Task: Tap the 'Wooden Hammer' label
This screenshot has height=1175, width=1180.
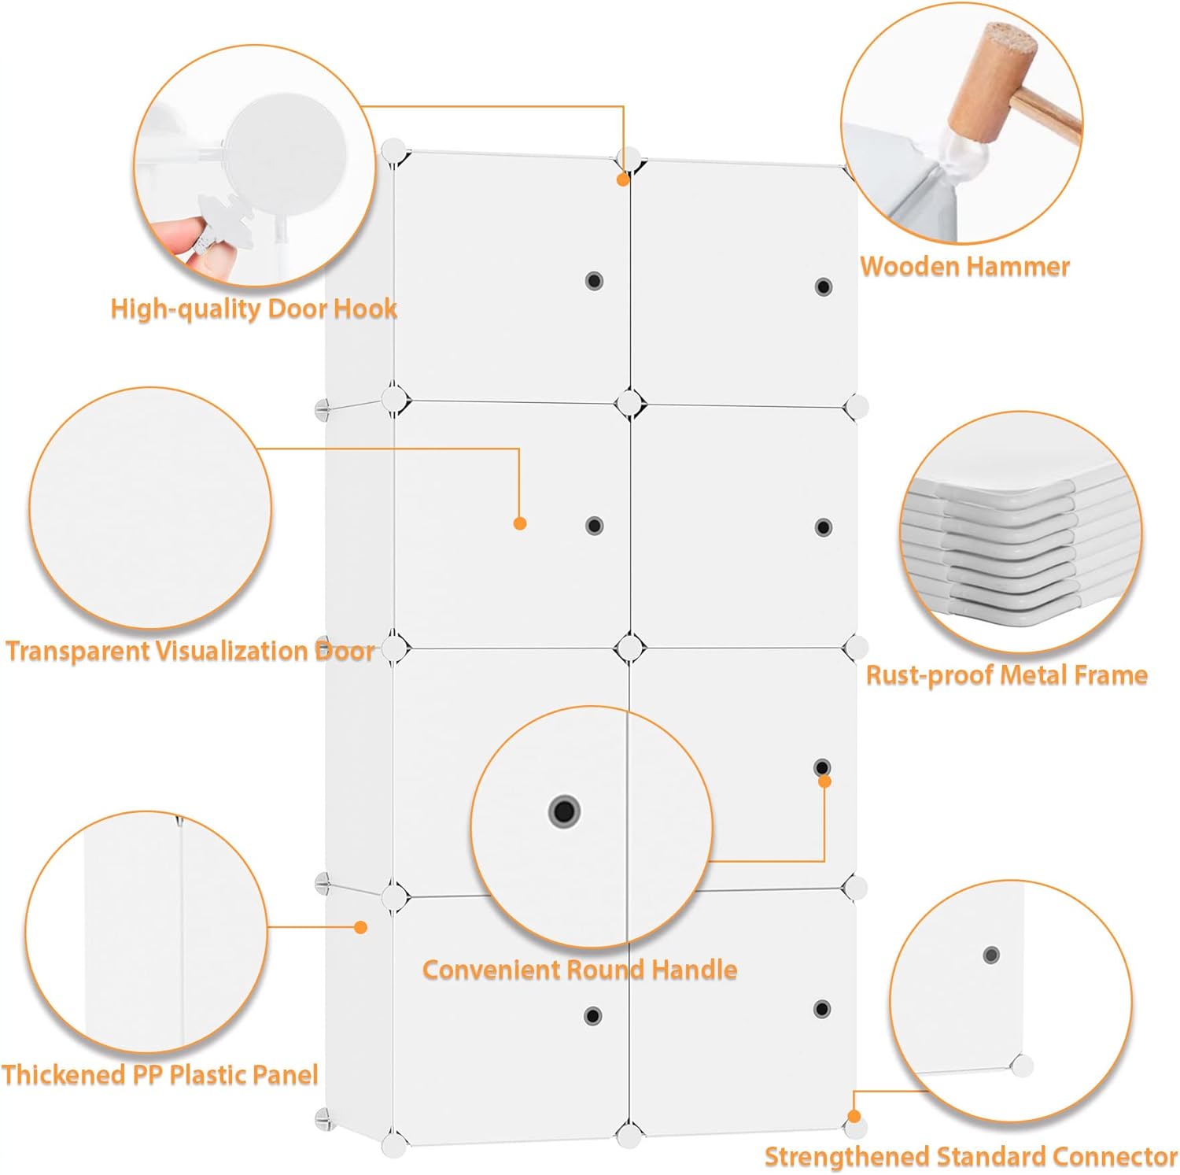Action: point(964,266)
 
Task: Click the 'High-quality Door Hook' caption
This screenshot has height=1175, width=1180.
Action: point(253,309)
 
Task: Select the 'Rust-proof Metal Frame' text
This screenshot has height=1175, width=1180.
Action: point(1006,675)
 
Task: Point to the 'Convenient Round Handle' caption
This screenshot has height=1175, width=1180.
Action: point(580,969)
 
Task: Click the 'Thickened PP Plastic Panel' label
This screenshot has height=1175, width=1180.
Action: point(160,1075)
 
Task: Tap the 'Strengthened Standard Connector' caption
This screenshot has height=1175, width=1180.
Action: point(971,1156)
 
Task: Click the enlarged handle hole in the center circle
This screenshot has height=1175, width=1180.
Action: point(564,810)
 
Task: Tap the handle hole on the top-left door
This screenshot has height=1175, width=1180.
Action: point(594,281)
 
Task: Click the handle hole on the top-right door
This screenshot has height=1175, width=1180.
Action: point(824,286)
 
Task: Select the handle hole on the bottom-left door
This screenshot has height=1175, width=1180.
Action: point(593,1016)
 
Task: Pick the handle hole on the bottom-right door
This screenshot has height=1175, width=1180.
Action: point(822,1009)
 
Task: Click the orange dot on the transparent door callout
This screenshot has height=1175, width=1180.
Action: point(520,523)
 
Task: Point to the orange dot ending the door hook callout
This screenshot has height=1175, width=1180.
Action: point(623,180)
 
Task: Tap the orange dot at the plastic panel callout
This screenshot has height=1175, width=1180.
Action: point(361,927)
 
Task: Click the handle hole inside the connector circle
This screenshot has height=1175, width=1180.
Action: point(991,955)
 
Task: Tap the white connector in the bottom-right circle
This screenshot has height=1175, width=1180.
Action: point(1022,1066)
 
